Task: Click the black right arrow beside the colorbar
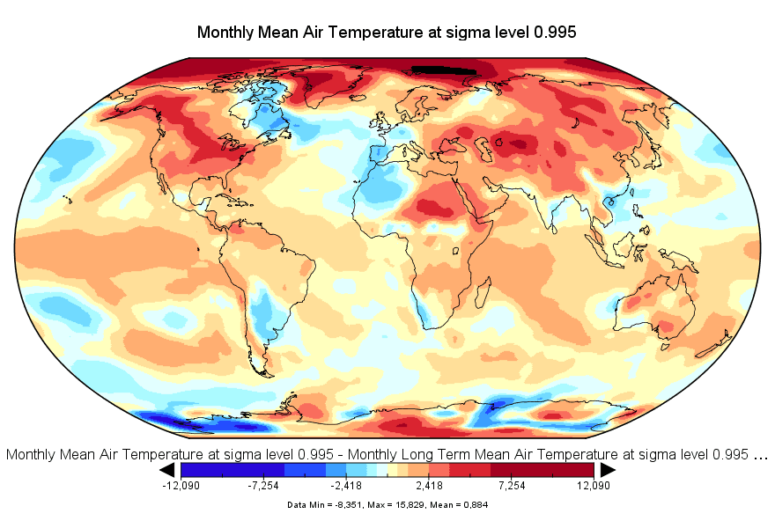(607, 470)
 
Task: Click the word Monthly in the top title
(225, 33)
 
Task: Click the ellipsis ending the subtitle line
(761, 455)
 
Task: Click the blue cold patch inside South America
(262, 310)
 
